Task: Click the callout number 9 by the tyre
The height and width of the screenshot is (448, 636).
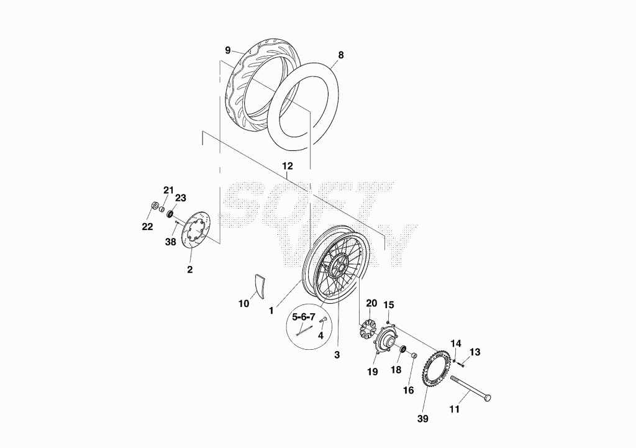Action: [228, 50]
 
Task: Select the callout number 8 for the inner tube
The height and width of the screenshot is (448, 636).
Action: [341, 55]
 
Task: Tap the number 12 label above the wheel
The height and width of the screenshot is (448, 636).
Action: [287, 166]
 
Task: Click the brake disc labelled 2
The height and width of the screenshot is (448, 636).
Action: [194, 229]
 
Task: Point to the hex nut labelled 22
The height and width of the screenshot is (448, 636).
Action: [154, 206]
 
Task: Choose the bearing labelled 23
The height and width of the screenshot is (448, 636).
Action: [171, 213]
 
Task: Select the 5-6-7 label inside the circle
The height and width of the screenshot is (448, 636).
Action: [304, 317]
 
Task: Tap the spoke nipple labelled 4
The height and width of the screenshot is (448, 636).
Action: [324, 321]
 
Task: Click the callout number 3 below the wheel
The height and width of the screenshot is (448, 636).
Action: [337, 355]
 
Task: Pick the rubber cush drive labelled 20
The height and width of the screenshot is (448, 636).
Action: [368, 329]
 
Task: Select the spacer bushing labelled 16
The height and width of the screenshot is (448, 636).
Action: [414, 356]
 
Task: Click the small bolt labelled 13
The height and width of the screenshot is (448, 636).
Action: [461, 364]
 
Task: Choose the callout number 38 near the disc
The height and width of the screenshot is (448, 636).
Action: [170, 242]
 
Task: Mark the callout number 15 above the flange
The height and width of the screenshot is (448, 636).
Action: [389, 304]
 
